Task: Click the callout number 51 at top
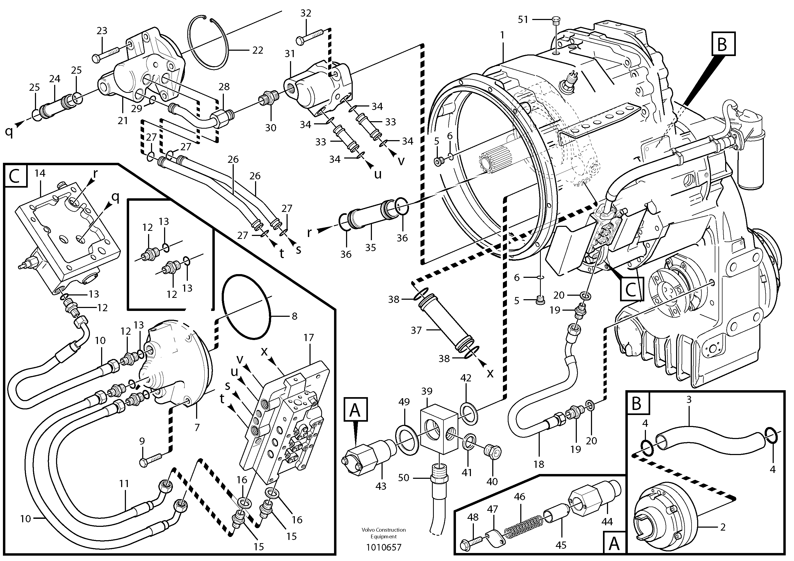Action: (x=523, y=19)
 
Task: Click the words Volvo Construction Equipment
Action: (x=383, y=533)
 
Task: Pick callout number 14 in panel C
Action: (x=40, y=173)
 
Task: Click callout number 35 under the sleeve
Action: (x=370, y=247)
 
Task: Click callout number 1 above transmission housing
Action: (x=502, y=35)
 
